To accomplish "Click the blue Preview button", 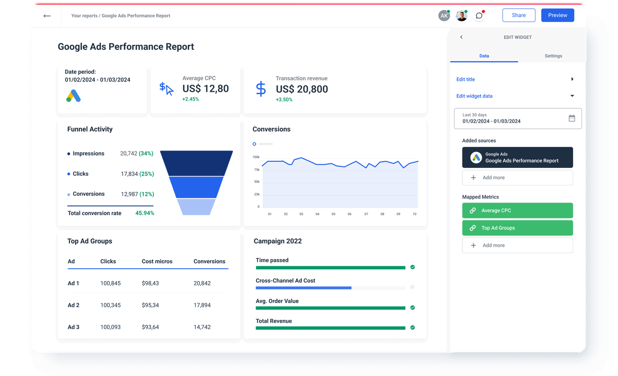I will (x=557, y=15).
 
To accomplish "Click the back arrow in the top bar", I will (x=47, y=16).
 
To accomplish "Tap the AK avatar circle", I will (x=444, y=15).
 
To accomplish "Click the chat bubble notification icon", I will (x=479, y=15).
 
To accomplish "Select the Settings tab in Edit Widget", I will (x=553, y=56).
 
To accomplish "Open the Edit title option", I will (x=466, y=79).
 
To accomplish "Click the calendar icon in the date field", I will (x=572, y=118).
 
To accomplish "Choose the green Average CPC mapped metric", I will (x=517, y=210).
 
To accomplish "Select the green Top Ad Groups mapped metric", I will (x=517, y=228).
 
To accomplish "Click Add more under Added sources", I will (x=517, y=178).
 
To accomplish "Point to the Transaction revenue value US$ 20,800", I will (x=302, y=89).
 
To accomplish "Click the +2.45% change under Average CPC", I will (x=191, y=99).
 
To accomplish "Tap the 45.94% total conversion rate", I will (x=145, y=213).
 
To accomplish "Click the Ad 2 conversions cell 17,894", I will (x=202, y=305).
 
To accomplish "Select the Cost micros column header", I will (x=157, y=262).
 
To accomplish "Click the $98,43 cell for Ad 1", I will (x=150, y=283).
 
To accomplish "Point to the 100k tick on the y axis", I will (x=256, y=157).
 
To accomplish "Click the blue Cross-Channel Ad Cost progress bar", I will (x=303, y=288).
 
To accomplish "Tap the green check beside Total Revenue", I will (x=413, y=328).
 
